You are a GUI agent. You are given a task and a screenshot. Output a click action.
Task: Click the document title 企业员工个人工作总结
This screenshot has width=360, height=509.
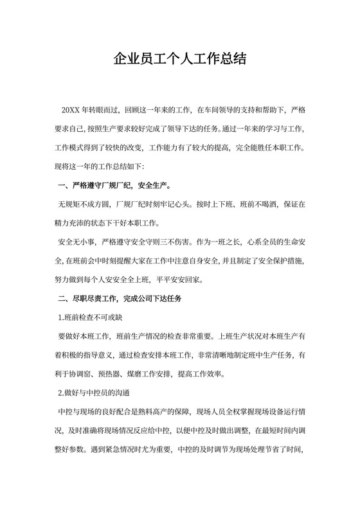180,60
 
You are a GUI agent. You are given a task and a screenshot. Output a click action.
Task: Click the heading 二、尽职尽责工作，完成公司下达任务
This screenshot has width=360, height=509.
120,299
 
